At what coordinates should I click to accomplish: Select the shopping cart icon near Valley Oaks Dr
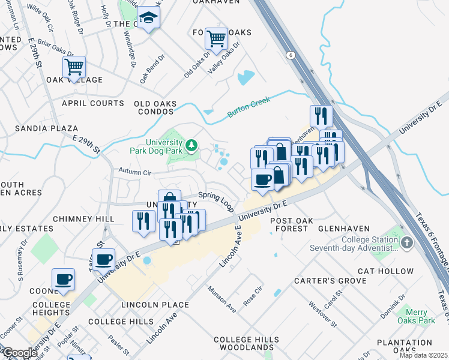click(216, 39)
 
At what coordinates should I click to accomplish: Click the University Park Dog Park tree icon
click(191, 145)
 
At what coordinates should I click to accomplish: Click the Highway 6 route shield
click(291, 55)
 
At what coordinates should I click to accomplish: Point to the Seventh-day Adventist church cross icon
click(407, 243)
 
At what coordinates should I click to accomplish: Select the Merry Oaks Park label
click(416, 317)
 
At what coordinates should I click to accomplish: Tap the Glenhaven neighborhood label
click(343, 229)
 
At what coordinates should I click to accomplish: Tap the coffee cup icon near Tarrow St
click(103, 259)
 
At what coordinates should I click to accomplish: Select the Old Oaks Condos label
click(155, 107)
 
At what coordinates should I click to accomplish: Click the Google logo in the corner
click(19, 353)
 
